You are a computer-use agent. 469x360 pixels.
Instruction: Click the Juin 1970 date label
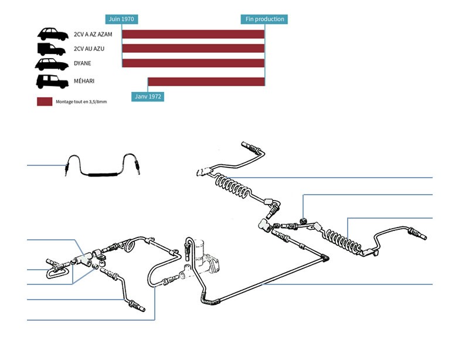[x=121, y=19]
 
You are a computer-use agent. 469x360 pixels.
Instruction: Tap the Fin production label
[x=264, y=19]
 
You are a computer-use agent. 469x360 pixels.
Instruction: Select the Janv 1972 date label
[x=148, y=96]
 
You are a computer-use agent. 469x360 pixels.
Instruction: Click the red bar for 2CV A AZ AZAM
[x=193, y=34]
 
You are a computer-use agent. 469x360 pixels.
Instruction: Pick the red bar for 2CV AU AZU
[x=193, y=49]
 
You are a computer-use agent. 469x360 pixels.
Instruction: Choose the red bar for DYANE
[x=193, y=63]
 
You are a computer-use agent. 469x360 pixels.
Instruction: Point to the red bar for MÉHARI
[x=206, y=81]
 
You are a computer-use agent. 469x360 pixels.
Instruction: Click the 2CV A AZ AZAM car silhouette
[x=53, y=34]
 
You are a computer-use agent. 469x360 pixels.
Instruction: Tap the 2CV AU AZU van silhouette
[x=52, y=49]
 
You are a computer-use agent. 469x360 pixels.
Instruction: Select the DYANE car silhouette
[x=52, y=64]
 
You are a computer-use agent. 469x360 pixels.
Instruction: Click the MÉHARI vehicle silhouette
[x=52, y=81]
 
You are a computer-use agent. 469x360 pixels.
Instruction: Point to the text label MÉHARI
[x=84, y=81]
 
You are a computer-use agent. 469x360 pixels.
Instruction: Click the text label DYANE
[x=83, y=63]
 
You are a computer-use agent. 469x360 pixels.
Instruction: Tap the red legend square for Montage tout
[x=45, y=101]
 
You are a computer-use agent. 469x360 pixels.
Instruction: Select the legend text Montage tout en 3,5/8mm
[x=81, y=102]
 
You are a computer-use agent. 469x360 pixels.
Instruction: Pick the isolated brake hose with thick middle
[x=101, y=174]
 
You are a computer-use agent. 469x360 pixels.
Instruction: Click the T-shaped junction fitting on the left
[x=84, y=259]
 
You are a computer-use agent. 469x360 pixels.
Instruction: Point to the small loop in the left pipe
[x=130, y=244]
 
